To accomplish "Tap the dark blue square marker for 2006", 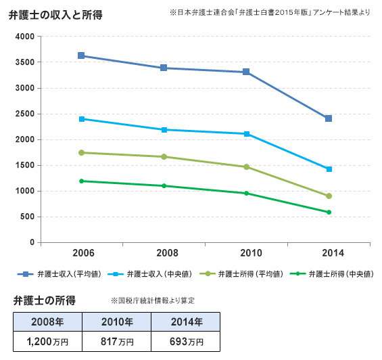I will pos(81,55).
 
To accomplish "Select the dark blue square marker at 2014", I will pos(329,118).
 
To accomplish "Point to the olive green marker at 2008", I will pos(164,157).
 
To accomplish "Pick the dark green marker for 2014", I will pos(329,212).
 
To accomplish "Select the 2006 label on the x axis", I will pos(82,253).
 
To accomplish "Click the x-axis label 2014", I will pos(329,253).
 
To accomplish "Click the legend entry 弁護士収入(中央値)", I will pos(150,275).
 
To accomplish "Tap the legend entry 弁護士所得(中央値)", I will pos(331,275).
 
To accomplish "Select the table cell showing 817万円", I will pos(116,340).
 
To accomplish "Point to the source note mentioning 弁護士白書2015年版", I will pos(270,13).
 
